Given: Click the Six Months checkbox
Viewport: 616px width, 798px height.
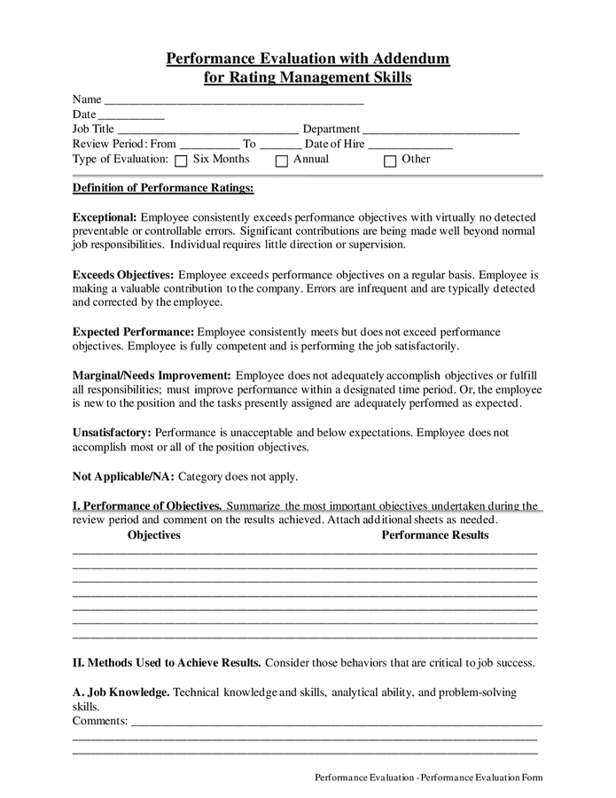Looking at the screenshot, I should coord(181,161).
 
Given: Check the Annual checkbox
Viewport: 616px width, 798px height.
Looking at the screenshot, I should coord(282,161).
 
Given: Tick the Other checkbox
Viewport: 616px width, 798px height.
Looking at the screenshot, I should coord(390,161).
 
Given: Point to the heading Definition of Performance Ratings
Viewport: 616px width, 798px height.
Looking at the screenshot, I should coord(163,188).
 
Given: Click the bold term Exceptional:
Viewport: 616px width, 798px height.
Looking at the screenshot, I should coord(105,217).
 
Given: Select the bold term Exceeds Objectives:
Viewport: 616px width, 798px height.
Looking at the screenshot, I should coord(123,275).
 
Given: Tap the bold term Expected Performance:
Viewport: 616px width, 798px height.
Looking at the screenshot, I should coord(133,332).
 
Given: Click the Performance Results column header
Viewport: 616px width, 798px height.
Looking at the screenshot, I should coord(435,536).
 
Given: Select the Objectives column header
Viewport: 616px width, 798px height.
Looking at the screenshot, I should coord(154,536).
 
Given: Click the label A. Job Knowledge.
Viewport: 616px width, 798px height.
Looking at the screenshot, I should coord(121,692).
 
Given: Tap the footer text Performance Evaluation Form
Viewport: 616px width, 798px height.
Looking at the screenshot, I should coord(482,778).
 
